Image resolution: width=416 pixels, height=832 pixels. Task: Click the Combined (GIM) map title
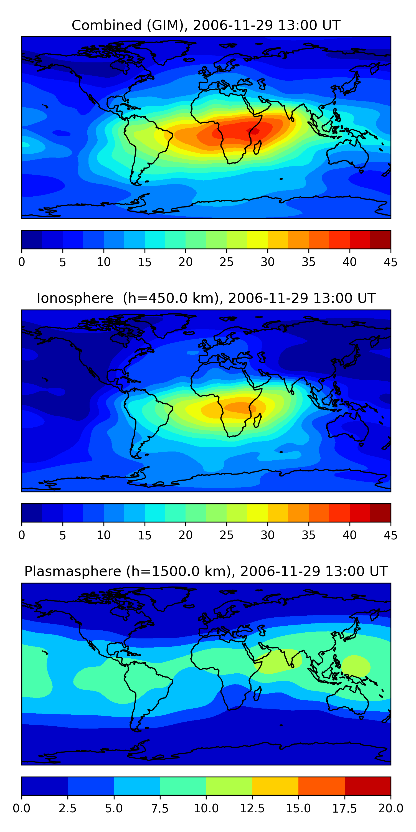pyautogui.click(x=206, y=25)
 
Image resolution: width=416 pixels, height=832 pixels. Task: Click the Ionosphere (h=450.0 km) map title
pyautogui.click(x=206, y=298)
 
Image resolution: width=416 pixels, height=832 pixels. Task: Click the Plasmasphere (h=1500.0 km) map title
pyautogui.click(x=206, y=571)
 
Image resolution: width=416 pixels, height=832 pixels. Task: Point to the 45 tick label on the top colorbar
pyautogui.click(x=390, y=262)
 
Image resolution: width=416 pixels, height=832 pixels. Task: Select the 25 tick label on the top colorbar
pyautogui.click(x=226, y=262)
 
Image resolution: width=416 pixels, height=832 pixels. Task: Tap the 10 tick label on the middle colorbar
pyautogui.click(x=104, y=535)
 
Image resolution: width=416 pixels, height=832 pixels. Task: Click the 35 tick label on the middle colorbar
pyautogui.click(x=308, y=535)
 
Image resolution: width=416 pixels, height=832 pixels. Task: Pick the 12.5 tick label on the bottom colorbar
pyautogui.click(x=252, y=808)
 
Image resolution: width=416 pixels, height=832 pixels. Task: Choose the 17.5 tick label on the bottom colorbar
pyautogui.click(x=345, y=808)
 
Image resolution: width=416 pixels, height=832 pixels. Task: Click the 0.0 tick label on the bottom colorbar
pyautogui.click(x=22, y=808)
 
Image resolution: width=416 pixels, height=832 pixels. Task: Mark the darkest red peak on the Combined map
pyautogui.click(x=254, y=131)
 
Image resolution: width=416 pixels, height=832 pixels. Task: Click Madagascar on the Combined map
pyautogui.click(x=258, y=148)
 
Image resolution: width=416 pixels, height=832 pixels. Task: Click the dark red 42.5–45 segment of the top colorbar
pyautogui.click(x=380, y=240)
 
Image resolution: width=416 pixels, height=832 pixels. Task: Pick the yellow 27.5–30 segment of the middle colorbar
pyautogui.click(x=257, y=513)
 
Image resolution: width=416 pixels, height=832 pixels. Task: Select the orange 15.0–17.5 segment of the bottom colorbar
pyautogui.click(x=321, y=786)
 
